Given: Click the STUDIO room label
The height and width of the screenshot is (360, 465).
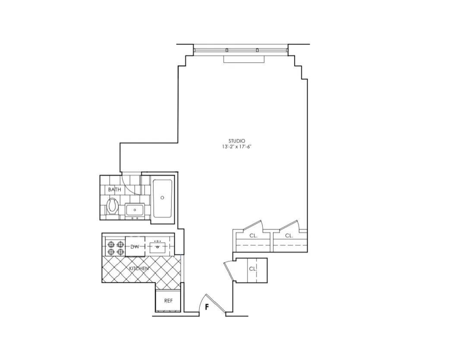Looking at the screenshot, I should (x=237, y=141).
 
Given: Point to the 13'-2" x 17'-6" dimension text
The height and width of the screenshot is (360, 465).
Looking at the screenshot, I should (x=237, y=147).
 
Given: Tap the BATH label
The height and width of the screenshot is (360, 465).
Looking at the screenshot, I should (x=114, y=189).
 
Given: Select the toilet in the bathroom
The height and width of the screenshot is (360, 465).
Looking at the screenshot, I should (x=113, y=206).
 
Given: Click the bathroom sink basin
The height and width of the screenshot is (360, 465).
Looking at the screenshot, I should (x=135, y=210).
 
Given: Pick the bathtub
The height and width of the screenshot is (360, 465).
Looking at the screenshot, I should (x=162, y=198).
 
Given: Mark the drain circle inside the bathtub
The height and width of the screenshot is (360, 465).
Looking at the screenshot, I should (x=162, y=197).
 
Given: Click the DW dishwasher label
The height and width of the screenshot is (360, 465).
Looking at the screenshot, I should (x=135, y=247).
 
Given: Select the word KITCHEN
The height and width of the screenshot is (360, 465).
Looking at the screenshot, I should (x=139, y=268).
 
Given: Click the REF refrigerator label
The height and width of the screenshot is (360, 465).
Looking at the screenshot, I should (x=168, y=300).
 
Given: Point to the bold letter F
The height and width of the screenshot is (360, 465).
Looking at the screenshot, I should (x=207, y=307).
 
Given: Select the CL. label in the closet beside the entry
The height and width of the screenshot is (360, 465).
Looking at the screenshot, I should (x=253, y=268).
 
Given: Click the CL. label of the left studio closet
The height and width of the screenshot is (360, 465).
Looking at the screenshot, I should (x=254, y=236).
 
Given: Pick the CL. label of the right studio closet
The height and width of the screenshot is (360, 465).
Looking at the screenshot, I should (x=289, y=236).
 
